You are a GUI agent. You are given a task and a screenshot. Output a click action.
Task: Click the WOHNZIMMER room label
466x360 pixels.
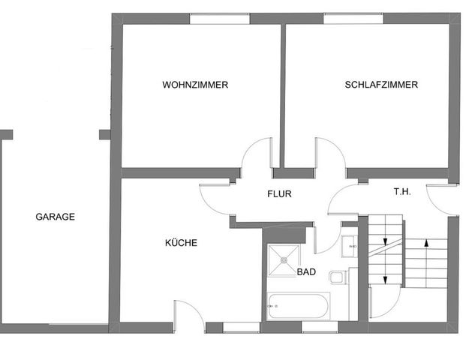coord(195,85)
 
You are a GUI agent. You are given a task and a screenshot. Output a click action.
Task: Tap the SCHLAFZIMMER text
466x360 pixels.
coord(381,85)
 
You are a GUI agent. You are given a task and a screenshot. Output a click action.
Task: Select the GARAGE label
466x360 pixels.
coord(56,217)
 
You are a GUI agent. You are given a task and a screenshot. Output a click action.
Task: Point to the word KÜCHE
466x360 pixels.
coord(181,243)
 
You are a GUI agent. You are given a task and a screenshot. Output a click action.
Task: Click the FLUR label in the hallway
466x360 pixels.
coord(279,194)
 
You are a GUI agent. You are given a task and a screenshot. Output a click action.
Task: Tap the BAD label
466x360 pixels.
coord(306,271)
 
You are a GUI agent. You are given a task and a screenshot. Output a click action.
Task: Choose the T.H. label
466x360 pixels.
coord(402,192)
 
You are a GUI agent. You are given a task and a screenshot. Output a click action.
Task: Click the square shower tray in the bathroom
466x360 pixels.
coord(284,259)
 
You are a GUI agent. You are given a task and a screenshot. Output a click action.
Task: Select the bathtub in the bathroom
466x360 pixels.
coord(298,306)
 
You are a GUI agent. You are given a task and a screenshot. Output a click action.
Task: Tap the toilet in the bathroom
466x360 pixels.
coord(337,278)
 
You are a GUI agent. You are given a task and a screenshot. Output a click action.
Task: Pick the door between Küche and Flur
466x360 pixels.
coord(215,196)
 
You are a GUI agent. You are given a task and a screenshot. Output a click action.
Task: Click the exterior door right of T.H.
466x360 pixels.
coord(443,199)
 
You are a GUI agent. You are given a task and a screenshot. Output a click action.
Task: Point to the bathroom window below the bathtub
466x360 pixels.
coord(319,327)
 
